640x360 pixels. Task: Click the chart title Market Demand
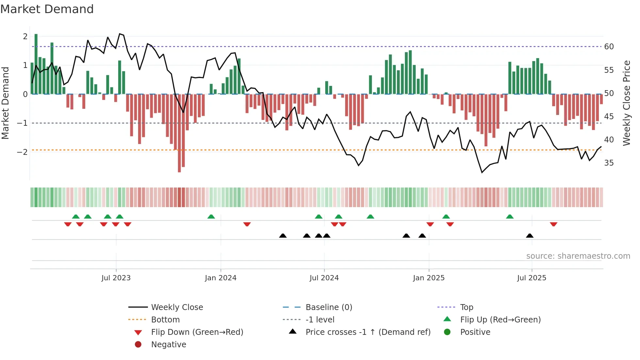pyautogui.click(x=47, y=9)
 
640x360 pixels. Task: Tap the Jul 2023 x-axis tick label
pyautogui.click(x=116, y=278)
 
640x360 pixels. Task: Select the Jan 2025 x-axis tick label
pyautogui.click(x=428, y=278)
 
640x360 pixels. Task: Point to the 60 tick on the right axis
pyautogui.click(x=609, y=47)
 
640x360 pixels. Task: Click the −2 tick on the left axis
pyautogui.click(x=22, y=152)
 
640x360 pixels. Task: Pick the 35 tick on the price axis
pyautogui.click(x=609, y=163)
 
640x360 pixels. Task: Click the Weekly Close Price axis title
pyautogui.click(x=626, y=103)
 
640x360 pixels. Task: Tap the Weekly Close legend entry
pyautogui.click(x=177, y=307)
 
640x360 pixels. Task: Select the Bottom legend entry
pyautogui.click(x=165, y=319)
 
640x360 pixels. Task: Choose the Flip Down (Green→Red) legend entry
pyautogui.click(x=197, y=332)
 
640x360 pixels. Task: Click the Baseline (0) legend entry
pyautogui.click(x=328, y=307)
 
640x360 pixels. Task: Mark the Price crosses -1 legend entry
pyautogui.click(x=368, y=332)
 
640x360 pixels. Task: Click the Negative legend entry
pyautogui.click(x=168, y=344)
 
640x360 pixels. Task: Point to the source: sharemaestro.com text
pyautogui.click(x=578, y=256)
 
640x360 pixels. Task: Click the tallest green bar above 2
pyautogui.click(x=36, y=64)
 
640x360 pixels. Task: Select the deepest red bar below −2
pyautogui.click(x=179, y=133)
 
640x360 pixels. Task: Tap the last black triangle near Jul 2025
pyautogui.click(x=530, y=236)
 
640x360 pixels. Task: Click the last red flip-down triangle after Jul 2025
pyautogui.click(x=553, y=224)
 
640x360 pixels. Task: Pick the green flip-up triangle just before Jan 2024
pyautogui.click(x=211, y=217)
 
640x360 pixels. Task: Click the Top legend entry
pyautogui.click(x=466, y=307)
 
